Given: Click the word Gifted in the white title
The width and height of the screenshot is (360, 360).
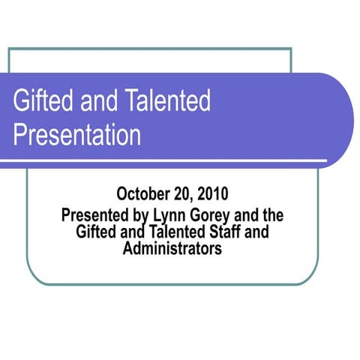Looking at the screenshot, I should pyautogui.click(x=40, y=101).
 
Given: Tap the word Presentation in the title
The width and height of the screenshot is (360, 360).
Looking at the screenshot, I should pyautogui.click(x=77, y=135).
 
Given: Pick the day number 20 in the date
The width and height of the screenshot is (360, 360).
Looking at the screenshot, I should pyautogui.click(x=183, y=196).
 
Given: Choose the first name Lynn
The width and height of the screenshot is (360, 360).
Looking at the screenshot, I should pyautogui.click(x=169, y=216).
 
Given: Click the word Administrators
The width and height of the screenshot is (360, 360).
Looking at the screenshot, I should pyautogui.click(x=172, y=248).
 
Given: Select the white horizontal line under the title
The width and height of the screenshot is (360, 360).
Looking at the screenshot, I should pyautogui.click(x=165, y=160).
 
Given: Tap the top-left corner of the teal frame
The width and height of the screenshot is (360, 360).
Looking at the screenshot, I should pyautogui.click(x=9, y=49).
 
